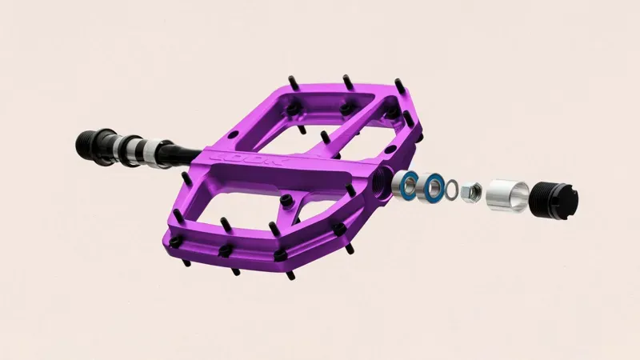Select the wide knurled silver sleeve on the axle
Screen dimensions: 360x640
tap(147, 150)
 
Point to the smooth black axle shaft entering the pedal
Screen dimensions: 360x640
tap(181, 151)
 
